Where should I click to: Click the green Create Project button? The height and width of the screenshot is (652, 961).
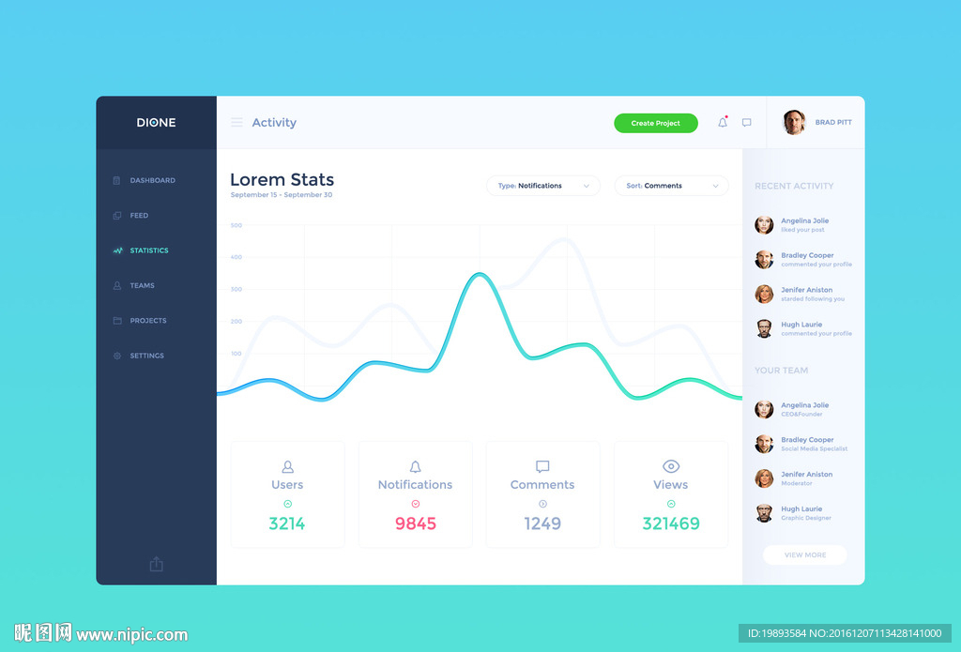point(655,123)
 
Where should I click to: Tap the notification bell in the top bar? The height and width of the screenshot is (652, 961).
point(723,123)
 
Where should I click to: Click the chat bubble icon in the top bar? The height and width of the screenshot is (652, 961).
point(747,123)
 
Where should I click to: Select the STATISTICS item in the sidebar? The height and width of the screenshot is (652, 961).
point(148,250)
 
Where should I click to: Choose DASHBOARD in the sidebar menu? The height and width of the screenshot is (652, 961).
point(152,180)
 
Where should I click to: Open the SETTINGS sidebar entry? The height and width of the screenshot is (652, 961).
point(146,356)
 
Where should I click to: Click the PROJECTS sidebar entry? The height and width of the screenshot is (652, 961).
point(147,321)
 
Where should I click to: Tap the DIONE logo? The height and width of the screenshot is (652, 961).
point(156,123)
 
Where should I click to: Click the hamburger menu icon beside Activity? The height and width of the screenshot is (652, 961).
point(236,123)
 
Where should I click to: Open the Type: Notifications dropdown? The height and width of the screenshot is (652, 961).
point(542,186)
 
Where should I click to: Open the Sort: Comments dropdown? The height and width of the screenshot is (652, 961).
point(671,186)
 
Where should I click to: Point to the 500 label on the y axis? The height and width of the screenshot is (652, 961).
point(236,225)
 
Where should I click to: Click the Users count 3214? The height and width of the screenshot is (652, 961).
point(287,523)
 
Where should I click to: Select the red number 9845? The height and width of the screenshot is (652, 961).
point(416,523)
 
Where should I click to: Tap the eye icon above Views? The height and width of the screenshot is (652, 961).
point(671,466)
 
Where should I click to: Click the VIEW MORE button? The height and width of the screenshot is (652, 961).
point(805,554)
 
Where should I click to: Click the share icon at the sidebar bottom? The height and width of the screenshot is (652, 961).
point(157,564)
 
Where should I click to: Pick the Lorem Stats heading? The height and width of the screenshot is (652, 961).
point(282,179)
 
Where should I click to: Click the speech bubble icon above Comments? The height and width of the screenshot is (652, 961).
point(542,466)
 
